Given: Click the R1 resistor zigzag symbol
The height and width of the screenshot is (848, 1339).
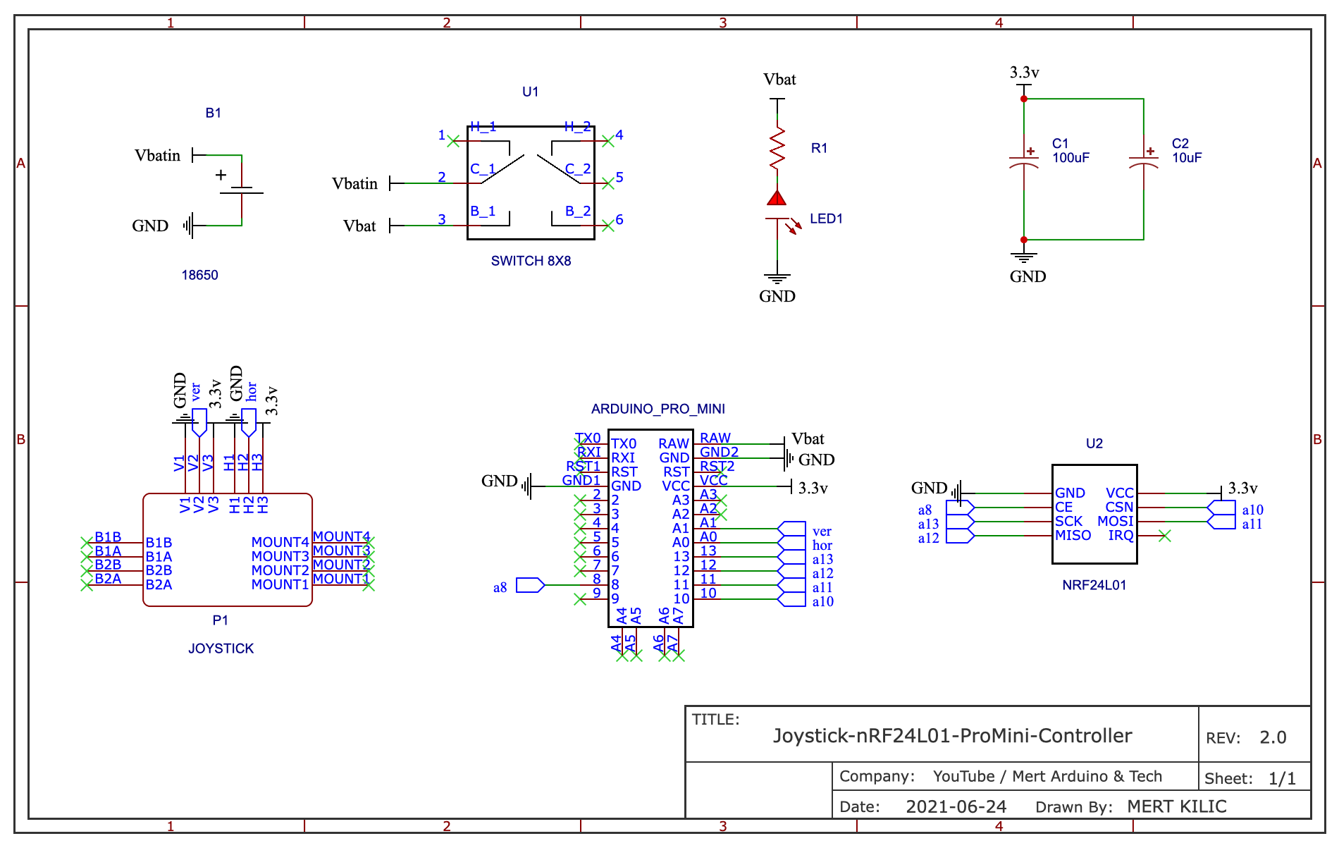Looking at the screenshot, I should pyautogui.click(x=777, y=148).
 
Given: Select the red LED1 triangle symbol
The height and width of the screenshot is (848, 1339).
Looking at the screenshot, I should pyautogui.click(x=777, y=198).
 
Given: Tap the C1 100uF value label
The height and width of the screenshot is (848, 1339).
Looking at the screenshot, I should pyautogui.click(x=1070, y=158).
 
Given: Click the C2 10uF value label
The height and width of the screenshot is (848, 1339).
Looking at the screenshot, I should pyautogui.click(x=1187, y=158).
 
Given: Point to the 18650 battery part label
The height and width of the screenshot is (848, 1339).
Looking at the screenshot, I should pyautogui.click(x=199, y=275).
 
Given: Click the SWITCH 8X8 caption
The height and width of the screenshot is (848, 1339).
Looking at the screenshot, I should pyautogui.click(x=531, y=261).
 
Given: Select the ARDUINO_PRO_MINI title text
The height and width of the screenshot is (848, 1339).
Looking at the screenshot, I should pyautogui.click(x=658, y=409).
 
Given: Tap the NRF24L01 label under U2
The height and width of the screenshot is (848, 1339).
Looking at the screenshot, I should pyautogui.click(x=1094, y=585).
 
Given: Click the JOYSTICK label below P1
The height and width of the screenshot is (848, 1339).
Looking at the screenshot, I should pyautogui.click(x=221, y=649).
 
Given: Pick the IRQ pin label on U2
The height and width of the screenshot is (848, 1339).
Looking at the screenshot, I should pyautogui.click(x=1121, y=536).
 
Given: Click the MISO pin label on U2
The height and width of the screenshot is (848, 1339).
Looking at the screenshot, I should pyautogui.click(x=1073, y=536).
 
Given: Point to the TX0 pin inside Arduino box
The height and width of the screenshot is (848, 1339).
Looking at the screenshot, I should pyautogui.click(x=624, y=444).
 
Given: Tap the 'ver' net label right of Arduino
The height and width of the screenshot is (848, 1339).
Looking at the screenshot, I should pyautogui.click(x=822, y=531).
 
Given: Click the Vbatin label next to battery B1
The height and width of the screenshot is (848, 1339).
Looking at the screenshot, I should pyautogui.click(x=157, y=156).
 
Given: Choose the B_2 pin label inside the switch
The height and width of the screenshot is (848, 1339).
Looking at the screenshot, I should pyautogui.click(x=578, y=211).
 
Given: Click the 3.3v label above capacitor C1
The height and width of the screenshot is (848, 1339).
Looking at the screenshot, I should pyautogui.click(x=1024, y=73).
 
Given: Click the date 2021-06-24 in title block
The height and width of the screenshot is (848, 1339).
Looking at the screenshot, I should pyautogui.click(x=956, y=807).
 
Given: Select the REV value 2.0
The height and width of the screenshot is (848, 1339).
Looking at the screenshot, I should pyautogui.click(x=1273, y=738).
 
